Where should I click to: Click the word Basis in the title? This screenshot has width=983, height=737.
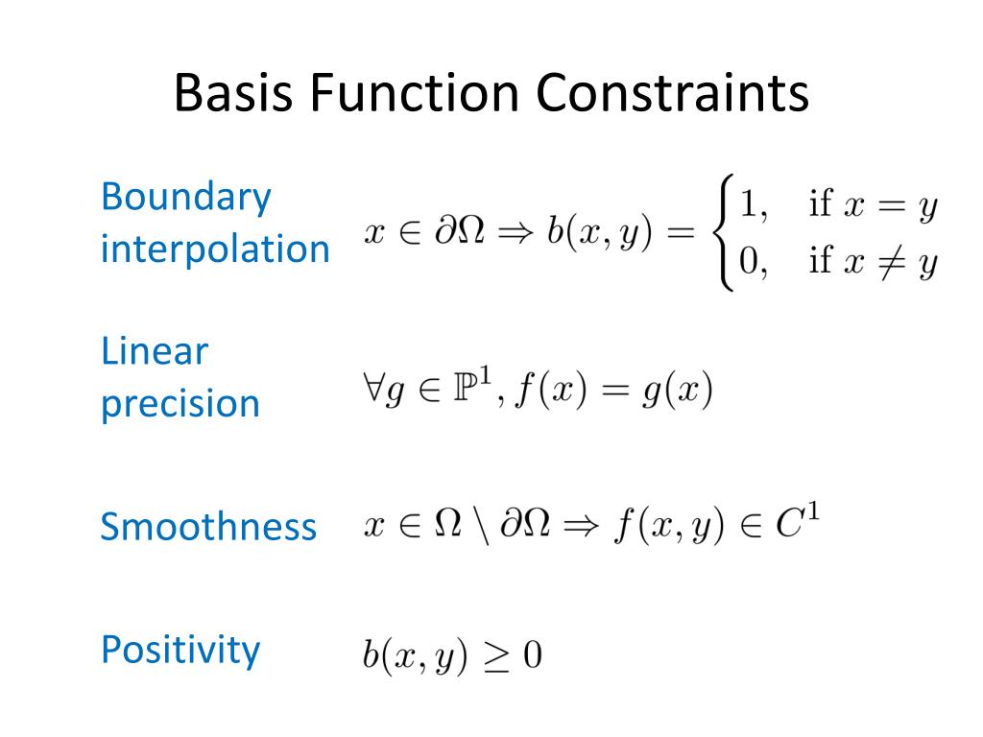point(231,94)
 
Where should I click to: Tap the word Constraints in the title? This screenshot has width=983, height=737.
point(672,94)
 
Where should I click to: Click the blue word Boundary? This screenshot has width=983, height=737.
point(186,198)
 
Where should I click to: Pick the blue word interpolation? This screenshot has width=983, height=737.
point(215,250)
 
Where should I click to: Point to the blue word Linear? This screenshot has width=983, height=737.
point(154,352)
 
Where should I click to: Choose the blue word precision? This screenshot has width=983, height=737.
point(180,404)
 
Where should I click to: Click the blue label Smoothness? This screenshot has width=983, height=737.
point(208,527)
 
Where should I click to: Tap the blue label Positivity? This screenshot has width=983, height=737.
point(180,650)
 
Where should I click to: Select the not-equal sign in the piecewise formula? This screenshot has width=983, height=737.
point(887,260)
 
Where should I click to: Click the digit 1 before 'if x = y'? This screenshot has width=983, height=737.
point(744,205)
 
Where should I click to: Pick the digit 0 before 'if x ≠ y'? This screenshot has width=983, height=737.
point(745,260)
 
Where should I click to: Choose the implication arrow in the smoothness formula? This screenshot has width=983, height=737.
point(583,528)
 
